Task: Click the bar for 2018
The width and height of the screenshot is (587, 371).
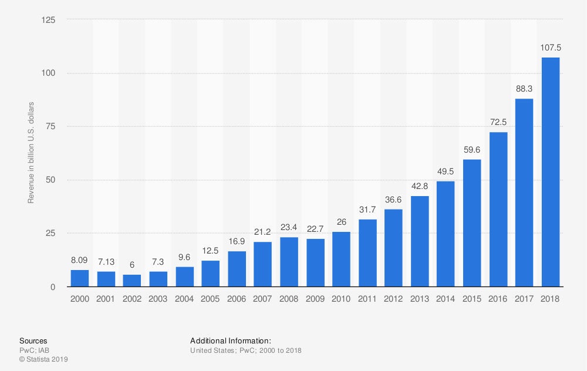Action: click(551, 172)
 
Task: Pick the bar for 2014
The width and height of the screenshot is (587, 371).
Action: click(446, 234)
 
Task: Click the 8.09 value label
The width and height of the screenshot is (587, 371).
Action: click(80, 260)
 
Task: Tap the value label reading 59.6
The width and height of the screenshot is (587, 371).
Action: click(472, 150)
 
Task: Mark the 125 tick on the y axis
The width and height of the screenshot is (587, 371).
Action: click(49, 20)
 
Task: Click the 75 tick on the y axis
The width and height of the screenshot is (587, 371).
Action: click(52, 126)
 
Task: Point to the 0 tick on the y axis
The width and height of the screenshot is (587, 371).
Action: click(53, 286)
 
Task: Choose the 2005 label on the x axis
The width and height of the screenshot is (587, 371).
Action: click(211, 299)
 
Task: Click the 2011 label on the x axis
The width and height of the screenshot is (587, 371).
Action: click(367, 299)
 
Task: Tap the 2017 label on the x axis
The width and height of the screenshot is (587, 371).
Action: click(524, 299)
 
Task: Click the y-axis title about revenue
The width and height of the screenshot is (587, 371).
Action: click(31, 153)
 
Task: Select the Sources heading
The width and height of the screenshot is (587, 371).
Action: click(33, 340)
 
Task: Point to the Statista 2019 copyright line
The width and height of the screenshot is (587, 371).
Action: click(44, 359)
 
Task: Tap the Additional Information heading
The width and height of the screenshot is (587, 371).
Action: click(231, 340)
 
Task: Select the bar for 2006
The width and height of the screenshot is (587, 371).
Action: click(237, 269)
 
